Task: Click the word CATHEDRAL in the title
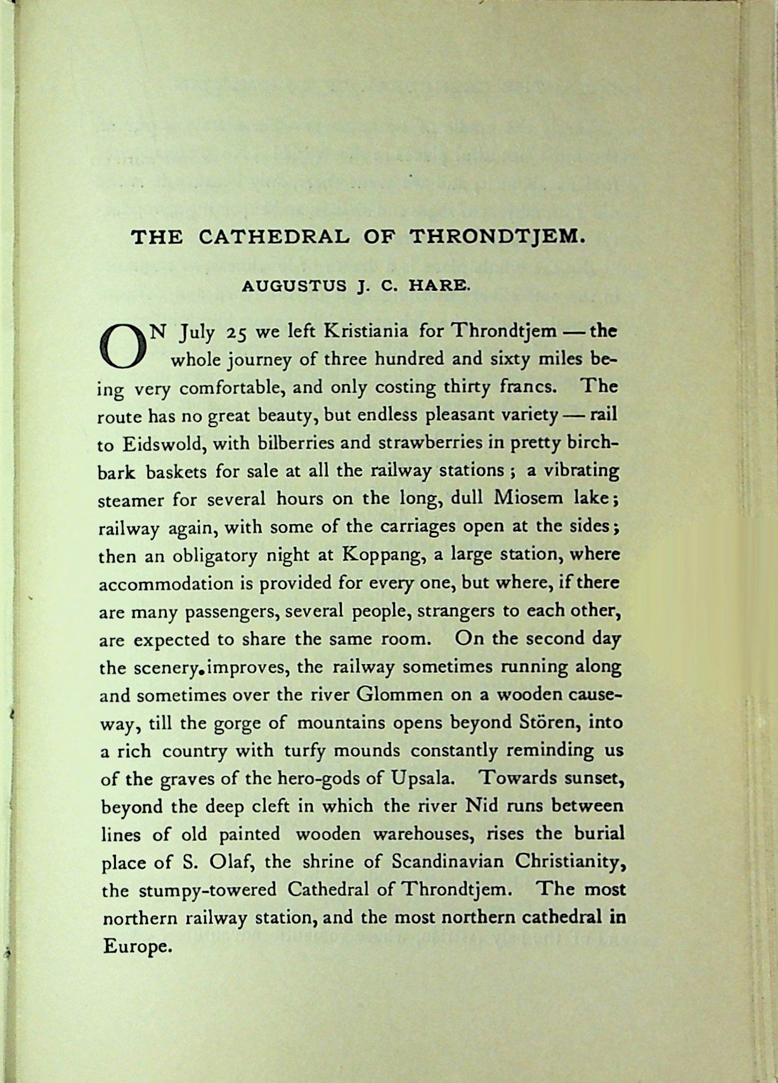click(273, 237)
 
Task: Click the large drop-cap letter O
click(122, 347)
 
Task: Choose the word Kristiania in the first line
click(366, 331)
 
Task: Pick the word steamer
click(130, 499)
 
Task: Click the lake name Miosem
click(528, 497)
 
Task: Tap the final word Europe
click(137, 947)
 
